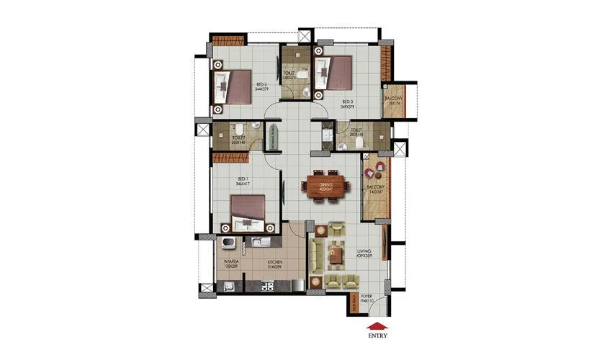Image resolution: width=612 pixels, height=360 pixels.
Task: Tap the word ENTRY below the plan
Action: [x=377, y=335]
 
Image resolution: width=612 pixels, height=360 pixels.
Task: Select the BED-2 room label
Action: [x=261, y=86]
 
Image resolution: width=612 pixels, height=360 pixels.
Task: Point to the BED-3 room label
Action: [x=348, y=104]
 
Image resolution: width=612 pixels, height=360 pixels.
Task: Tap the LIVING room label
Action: [x=364, y=253]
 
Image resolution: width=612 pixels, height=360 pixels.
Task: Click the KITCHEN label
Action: [x=275, y=264]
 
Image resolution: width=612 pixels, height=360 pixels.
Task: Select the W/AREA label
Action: [x=230, y=264]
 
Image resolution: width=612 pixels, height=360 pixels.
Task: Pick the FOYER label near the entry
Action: [x=366, y=296]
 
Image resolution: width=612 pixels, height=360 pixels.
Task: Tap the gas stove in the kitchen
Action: [x=267, y=287]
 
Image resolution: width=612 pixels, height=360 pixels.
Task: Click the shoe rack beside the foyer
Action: [x=354, y=304]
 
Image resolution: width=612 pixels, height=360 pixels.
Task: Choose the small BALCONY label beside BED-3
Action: [x=393, y=101]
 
